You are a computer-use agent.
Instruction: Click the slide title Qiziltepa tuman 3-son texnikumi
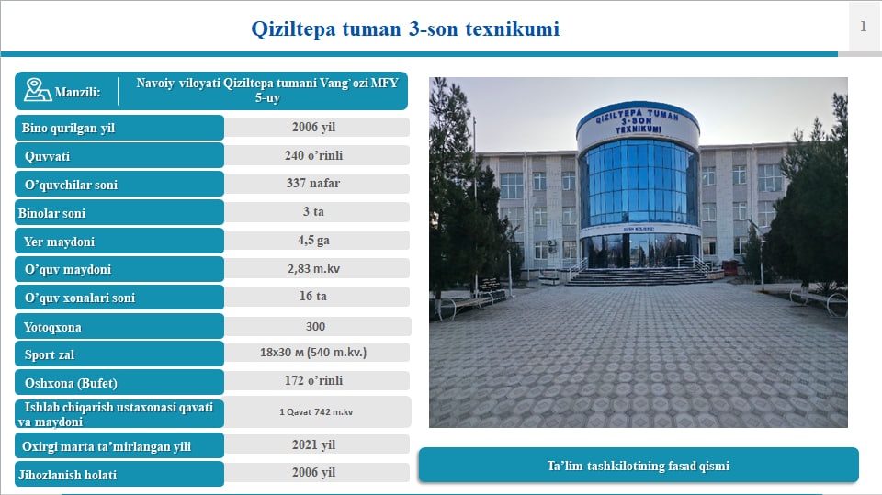tap(405, 28)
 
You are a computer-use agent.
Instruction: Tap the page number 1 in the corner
tap(863, 26)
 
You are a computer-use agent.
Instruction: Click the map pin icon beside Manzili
tap(37, 90)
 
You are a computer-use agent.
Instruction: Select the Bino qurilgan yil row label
tap(68, 129)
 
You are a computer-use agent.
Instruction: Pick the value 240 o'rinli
tap(314, 155)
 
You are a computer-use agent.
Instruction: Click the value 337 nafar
tap(313, 184)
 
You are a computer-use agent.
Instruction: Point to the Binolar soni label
tap(51, 213)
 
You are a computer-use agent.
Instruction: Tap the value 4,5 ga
tap(313, 241)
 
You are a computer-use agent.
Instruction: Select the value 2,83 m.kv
tap(314, 269)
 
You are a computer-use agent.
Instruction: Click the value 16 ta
tap(313, 297)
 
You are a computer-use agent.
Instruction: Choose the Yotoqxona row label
tap(52, 327)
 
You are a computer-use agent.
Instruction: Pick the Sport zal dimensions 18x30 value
tap(313, 353)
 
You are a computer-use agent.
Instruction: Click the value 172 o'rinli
tap(314, 381)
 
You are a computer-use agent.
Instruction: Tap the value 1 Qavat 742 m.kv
tap(316, 411)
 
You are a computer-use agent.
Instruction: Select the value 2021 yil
tap(314, 444)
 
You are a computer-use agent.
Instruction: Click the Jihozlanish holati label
tap(67, 476)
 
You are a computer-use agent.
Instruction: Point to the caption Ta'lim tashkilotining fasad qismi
tap(639, 466)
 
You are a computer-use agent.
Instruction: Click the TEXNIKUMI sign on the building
tap(638, 129)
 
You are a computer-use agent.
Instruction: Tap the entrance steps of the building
tap(639, 276)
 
